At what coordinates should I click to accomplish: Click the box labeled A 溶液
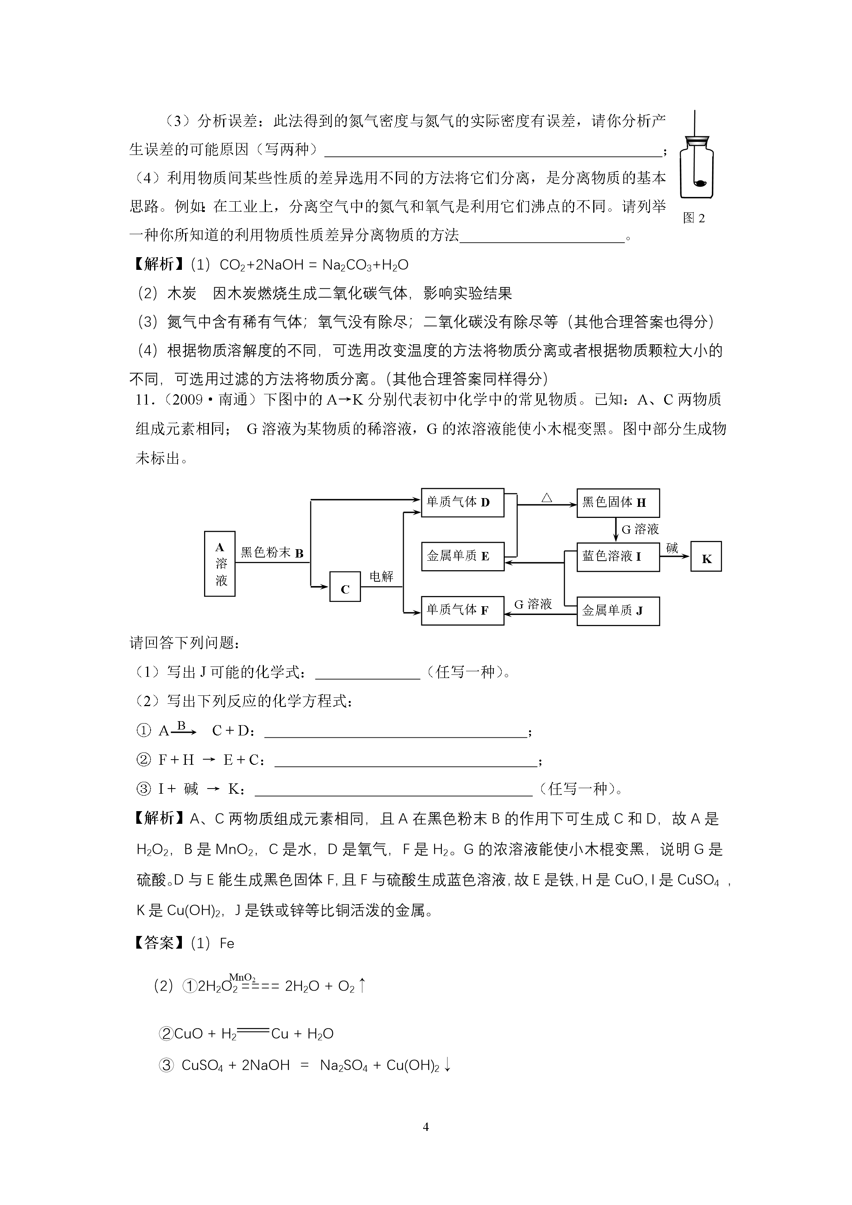[x=220, y=563]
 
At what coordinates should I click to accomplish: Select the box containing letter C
[x=345, y=587]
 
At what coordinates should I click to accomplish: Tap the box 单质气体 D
[x=462, y=503]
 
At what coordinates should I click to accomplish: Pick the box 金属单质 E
[x=462, y=556]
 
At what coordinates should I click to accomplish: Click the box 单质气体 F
[x=462, y=610]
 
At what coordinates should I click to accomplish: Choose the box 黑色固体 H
[x=618, y=503]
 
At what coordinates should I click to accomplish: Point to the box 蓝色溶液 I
[x=618, y=556]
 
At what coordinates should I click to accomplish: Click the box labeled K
[x=706, y=557]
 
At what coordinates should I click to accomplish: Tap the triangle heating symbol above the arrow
[x=546, y=497]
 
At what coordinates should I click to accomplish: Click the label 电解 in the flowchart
[x=381, y=576]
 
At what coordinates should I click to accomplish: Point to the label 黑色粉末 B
[x=272, y=553]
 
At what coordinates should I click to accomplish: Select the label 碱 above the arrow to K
[x=672, y=548]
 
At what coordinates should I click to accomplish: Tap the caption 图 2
[x=693, y=218]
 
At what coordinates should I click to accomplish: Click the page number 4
[x=426, y=1127]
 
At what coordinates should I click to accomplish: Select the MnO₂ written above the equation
[x=242, y=978]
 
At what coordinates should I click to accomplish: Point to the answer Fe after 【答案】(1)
[x=227, y=943]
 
